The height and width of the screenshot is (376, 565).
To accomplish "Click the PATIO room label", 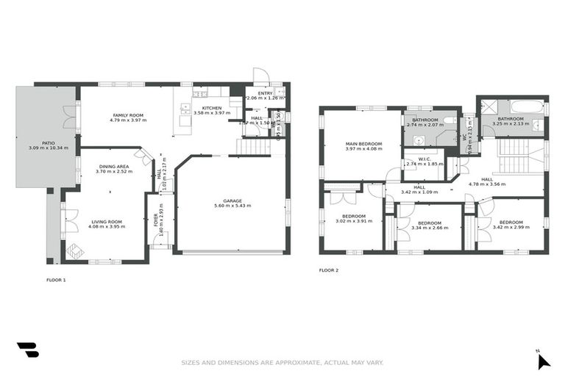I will [x=48, y=143].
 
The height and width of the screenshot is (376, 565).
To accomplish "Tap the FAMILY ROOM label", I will [x=128, y=115].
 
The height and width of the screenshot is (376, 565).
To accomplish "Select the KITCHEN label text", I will [x=202, y=108].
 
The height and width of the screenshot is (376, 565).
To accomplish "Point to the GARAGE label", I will [x=232, y=200].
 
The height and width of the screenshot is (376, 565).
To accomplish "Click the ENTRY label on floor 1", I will [x=265, y=93].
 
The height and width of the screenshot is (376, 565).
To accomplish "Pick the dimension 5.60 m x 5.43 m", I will [x=232, y=206].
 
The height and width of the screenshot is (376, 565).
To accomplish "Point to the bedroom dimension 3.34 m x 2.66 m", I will [x=429, y=228].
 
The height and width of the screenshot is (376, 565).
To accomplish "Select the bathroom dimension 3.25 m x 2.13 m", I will [x=510, y=124].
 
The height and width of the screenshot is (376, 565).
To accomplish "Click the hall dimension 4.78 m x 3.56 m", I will [x=486, y=184].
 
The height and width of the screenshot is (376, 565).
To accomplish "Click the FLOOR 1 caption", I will [x=56, y=280].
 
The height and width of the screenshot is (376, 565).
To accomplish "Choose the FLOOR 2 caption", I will [x=329, y=270].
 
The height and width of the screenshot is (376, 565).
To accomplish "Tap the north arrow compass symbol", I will [x=543, y=360].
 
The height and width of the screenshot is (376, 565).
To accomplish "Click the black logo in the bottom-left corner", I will [x=27, y=350].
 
